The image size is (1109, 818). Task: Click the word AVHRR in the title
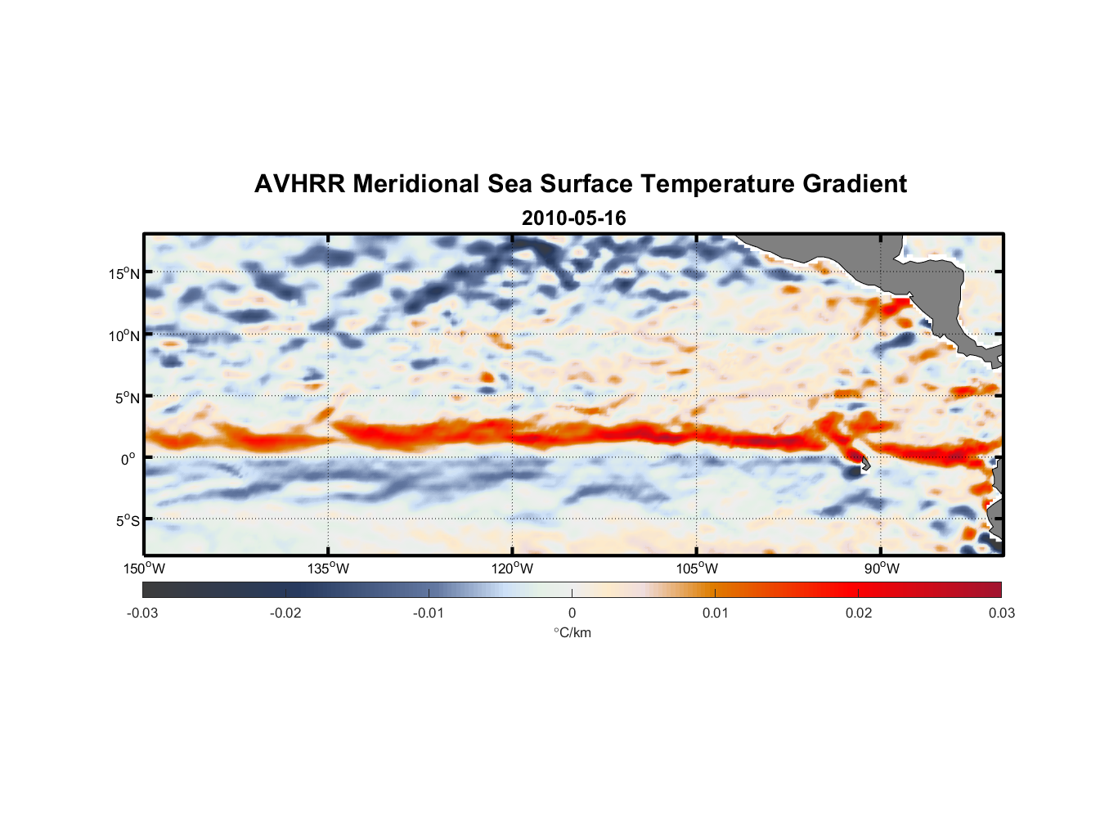pos(299,184)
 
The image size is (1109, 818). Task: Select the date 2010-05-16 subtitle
pos(573,218)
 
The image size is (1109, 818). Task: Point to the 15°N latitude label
pos(124,273)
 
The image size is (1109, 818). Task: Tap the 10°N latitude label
pos(124,335)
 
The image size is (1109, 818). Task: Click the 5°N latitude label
pos(127,398)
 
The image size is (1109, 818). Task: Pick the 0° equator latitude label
pos(128,459)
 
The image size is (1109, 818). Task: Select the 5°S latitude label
pos(127,520)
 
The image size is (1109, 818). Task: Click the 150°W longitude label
pos(144,569)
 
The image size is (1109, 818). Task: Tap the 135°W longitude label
pos(328,569)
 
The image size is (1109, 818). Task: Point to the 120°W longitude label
pos(512,569)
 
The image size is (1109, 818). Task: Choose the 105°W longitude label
pos(697,569)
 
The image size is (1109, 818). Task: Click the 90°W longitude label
pos(881,569)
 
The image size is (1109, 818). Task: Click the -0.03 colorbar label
pos(142,613)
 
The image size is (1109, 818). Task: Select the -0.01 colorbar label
pos(429,613)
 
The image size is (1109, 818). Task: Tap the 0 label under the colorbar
pos(572,613)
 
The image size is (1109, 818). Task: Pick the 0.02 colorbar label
pos(858,613)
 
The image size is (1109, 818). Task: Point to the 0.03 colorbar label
pos(1001,613)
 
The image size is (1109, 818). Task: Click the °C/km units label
pos(572,632)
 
